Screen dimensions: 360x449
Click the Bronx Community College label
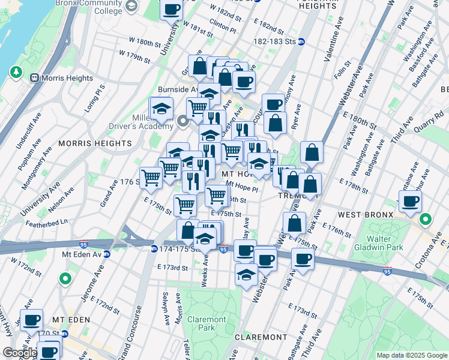(x=88, y=7)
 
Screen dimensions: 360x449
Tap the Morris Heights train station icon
(x=34, y=78)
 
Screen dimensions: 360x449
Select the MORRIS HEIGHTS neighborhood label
(x=95, y=143)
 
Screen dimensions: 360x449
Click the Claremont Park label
(x=206, y=324)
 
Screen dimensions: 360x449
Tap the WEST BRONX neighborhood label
(x=365, y=214)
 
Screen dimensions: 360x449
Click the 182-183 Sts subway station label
(x=275, y=42)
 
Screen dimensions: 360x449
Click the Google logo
(x=19, y=353)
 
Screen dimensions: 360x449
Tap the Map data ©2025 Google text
(x=411, y=355)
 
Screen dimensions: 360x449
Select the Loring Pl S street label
(x=98, y=95)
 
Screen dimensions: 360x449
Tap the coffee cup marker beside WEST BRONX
(x=411, y=202)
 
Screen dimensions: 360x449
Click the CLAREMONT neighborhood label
(x=260, y=337)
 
